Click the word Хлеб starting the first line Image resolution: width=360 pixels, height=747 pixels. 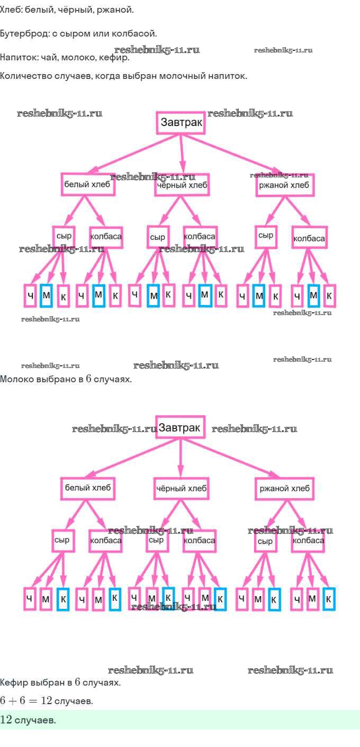(11, 10)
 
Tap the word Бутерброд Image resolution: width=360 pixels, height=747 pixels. (24, 34)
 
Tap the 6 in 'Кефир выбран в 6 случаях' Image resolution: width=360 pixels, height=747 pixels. (77, 682)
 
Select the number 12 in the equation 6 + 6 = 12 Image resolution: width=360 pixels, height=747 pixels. (46, 701)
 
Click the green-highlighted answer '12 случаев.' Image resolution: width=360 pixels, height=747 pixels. (28, 720)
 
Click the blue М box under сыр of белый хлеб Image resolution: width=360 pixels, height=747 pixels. (46, 295)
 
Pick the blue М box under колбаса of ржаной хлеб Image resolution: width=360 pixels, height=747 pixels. (313, 295)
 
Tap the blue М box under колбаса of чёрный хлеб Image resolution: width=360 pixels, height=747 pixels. (205, 295)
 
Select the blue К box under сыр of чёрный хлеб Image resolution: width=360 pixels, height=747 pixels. (168, 598)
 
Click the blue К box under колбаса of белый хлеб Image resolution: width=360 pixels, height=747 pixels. (115, 599)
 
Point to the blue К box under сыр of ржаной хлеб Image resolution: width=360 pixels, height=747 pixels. (274, 599)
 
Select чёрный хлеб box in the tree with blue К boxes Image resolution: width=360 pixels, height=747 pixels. (181, 488)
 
